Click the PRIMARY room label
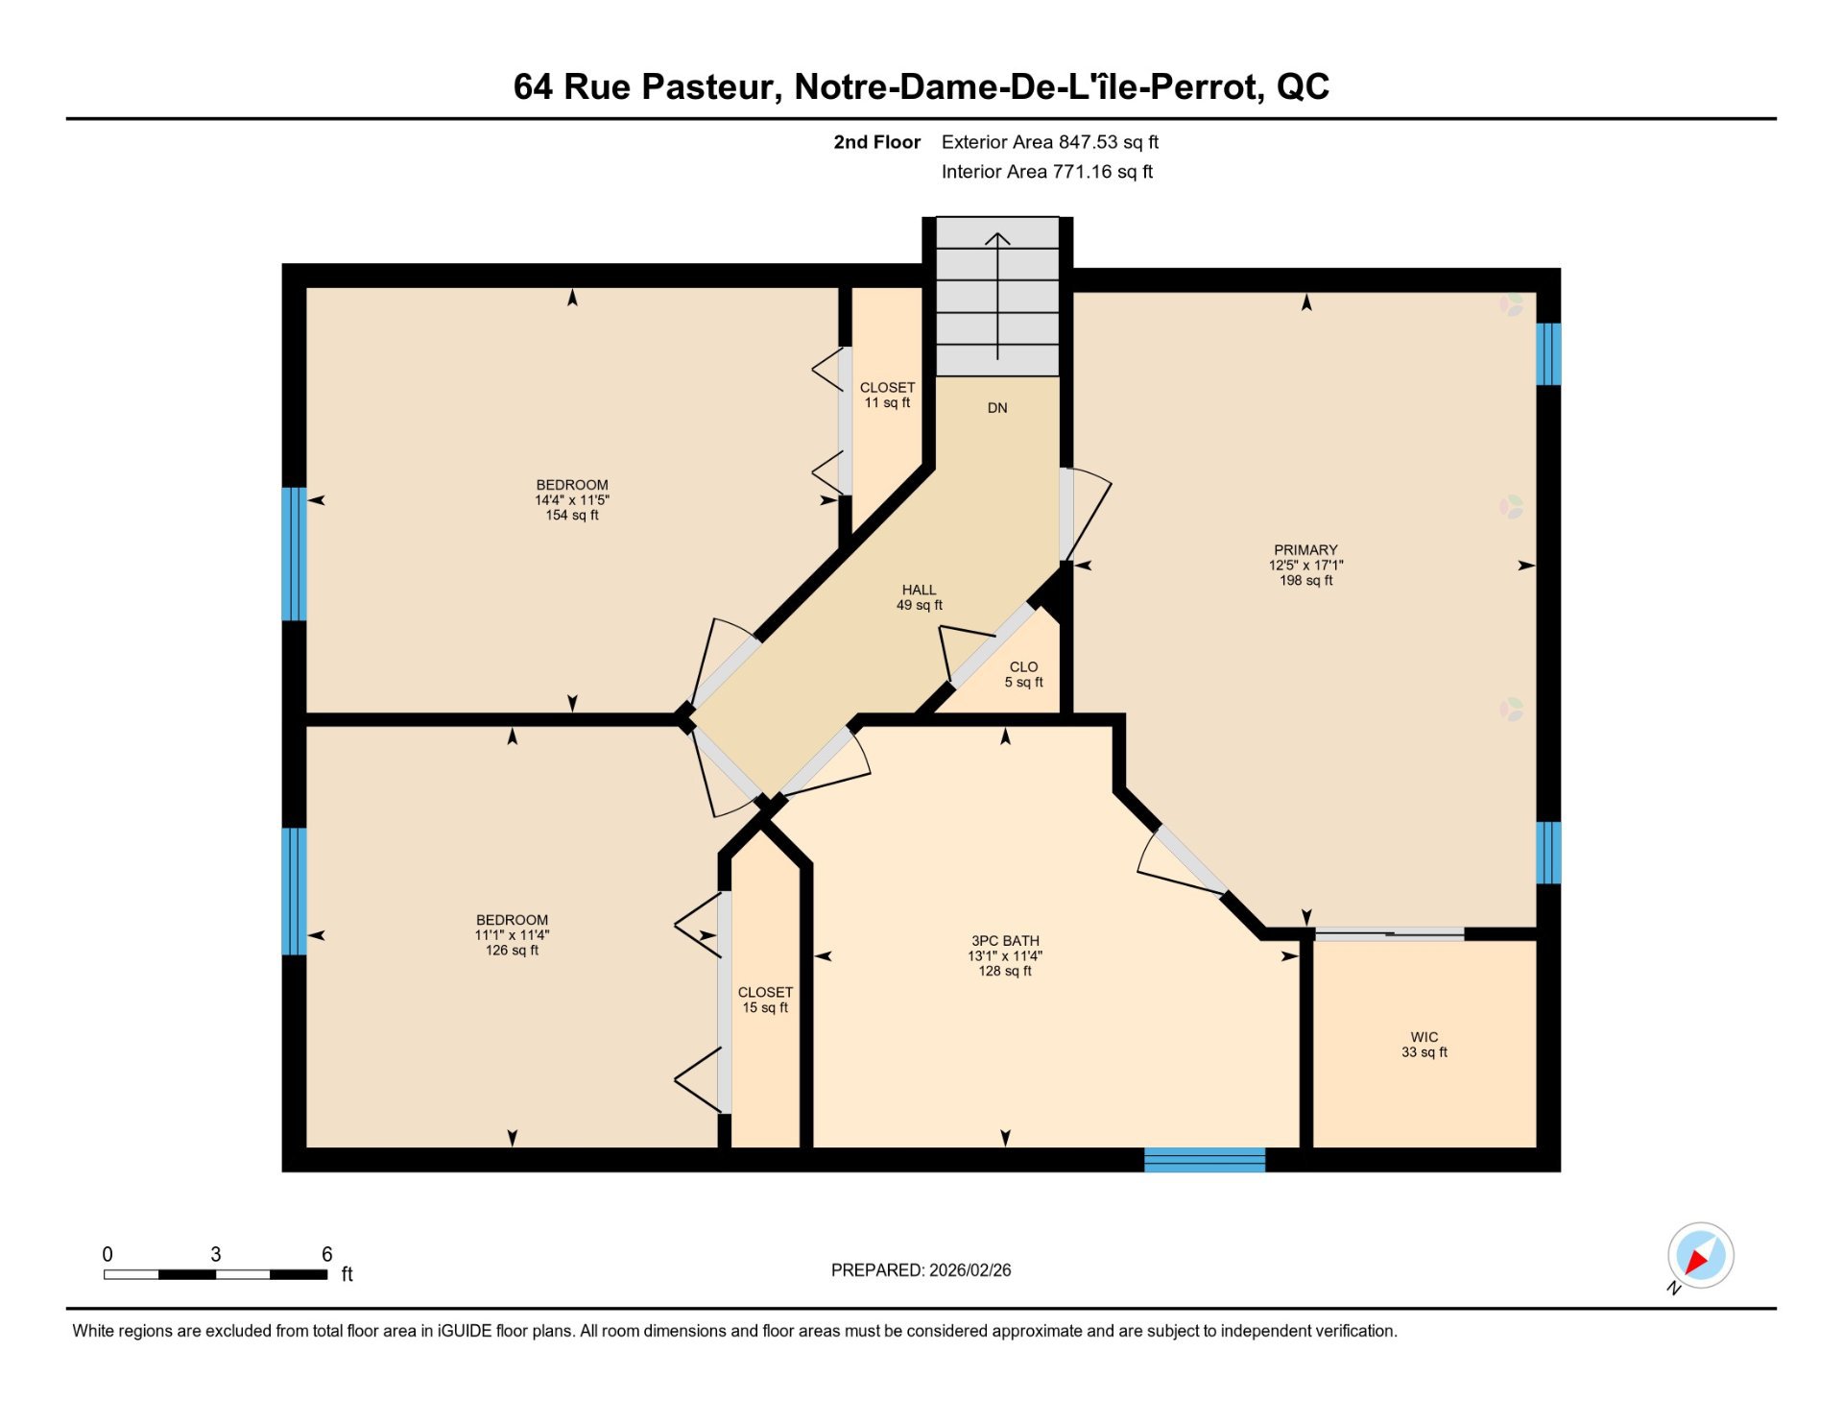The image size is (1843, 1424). point(1305,550)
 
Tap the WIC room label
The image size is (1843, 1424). point(1424,1037)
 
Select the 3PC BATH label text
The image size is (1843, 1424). point(1005,941)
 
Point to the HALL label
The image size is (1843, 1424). point(919,590)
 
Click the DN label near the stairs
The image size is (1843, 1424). point(997,408)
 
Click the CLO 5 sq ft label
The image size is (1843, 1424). point(1023,674)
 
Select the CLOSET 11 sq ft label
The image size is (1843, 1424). point(887,395)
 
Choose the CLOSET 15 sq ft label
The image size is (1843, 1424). point(765,1000)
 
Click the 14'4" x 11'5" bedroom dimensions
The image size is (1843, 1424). point(572,500)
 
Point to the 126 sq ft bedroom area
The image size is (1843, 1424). point(512,951)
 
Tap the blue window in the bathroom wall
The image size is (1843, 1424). point(1205,1160)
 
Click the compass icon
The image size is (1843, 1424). point(1700,1256)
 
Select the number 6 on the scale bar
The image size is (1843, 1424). point(327,1254)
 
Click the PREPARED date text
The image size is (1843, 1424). point(921,1270)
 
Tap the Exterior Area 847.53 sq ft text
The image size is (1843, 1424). point(1050,142)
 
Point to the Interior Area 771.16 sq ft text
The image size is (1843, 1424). point(1047,172)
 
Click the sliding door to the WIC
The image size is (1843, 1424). point(1389,933)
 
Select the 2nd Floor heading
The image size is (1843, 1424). point(876,142)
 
